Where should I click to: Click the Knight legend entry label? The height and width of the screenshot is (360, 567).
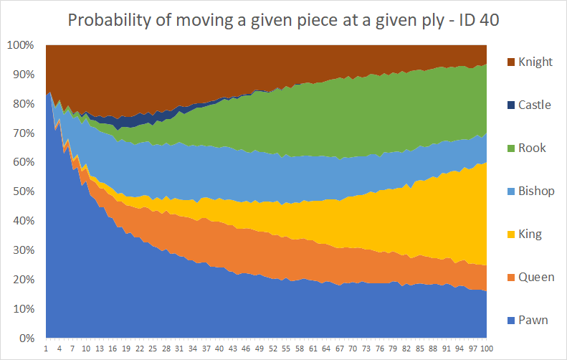(535, 62)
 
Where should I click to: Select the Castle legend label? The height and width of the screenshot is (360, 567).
(535, 105)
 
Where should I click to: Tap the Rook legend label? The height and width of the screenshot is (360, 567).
(532, 148)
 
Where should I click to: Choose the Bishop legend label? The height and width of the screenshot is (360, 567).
(536, 191)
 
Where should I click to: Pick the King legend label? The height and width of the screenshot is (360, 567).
(530, 234)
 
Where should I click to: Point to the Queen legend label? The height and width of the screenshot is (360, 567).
(536, 277)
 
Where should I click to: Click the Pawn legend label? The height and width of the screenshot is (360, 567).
(533, 321)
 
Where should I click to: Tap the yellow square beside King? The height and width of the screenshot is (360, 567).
(511, 235)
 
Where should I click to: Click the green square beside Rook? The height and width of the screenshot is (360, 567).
(511, 148)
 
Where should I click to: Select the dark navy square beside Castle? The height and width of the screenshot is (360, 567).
(511, 105)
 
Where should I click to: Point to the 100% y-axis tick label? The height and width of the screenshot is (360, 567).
(21, 45)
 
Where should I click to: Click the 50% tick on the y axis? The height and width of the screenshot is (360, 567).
(24, 191)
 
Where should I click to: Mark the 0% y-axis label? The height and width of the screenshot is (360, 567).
(27, 338)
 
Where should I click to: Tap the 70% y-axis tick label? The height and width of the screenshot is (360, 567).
(24, 133)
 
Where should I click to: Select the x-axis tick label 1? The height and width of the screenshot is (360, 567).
(46, 349)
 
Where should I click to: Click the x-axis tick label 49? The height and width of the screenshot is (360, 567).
(259, 349)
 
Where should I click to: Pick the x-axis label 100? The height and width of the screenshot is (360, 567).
(487, 349)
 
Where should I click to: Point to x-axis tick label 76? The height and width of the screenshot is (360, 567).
(379, 349)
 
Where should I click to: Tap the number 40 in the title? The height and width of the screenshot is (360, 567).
(490, 20)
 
